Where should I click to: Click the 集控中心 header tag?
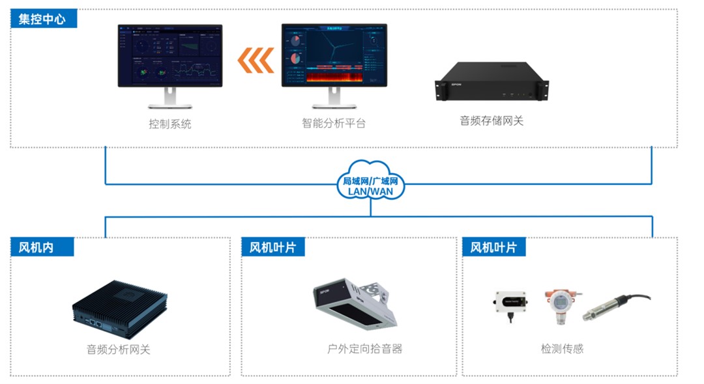click(43, 18)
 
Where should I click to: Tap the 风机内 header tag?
click(37, 247)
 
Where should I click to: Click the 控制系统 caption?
click(169, 124)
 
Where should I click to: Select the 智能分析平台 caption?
click(334, 123)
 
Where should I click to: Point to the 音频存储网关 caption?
click(491, 120)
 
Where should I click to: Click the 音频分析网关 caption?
click(119, 350)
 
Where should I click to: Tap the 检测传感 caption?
click(562, 349)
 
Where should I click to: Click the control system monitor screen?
click(169, 56)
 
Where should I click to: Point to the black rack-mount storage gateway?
click(491, 82)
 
